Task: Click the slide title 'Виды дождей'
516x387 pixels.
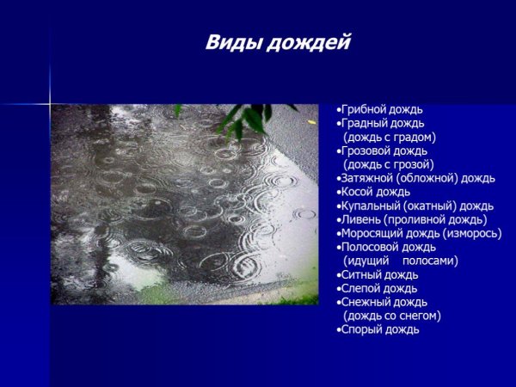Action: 277,43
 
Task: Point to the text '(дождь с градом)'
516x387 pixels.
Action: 390,138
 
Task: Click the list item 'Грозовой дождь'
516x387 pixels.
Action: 384,151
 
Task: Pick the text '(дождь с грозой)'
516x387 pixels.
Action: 389,164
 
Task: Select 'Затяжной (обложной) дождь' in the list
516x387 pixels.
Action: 418,178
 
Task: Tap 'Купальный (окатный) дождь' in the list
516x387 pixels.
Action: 416,206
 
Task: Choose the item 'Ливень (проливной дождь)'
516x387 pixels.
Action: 413,219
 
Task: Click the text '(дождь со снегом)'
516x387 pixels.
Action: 392,316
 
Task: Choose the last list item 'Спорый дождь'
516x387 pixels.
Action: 379,329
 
